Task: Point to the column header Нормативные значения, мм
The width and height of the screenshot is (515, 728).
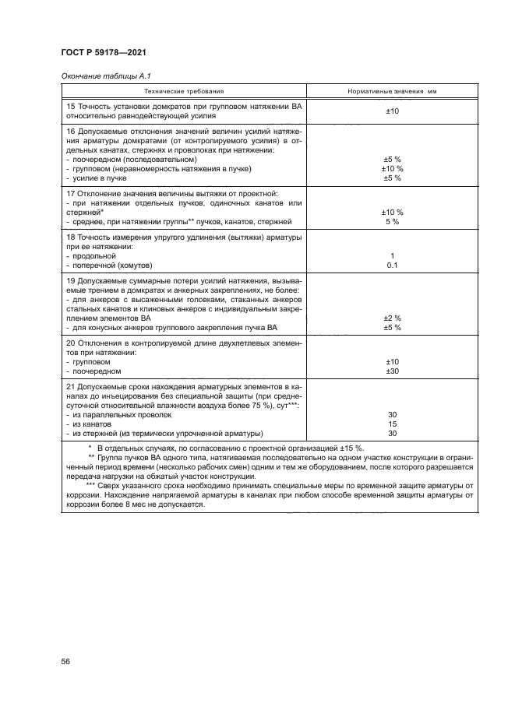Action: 392,91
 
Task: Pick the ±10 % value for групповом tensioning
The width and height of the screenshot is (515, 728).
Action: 392,168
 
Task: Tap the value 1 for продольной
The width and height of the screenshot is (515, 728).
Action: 392,255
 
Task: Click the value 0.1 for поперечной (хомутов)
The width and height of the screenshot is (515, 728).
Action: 392,266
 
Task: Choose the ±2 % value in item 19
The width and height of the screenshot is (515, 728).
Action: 392,318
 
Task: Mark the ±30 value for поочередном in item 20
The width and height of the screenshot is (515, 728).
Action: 392,371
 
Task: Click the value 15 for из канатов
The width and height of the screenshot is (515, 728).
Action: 392,424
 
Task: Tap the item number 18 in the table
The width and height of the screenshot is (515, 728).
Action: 72,236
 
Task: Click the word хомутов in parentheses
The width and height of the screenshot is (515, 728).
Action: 137,266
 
